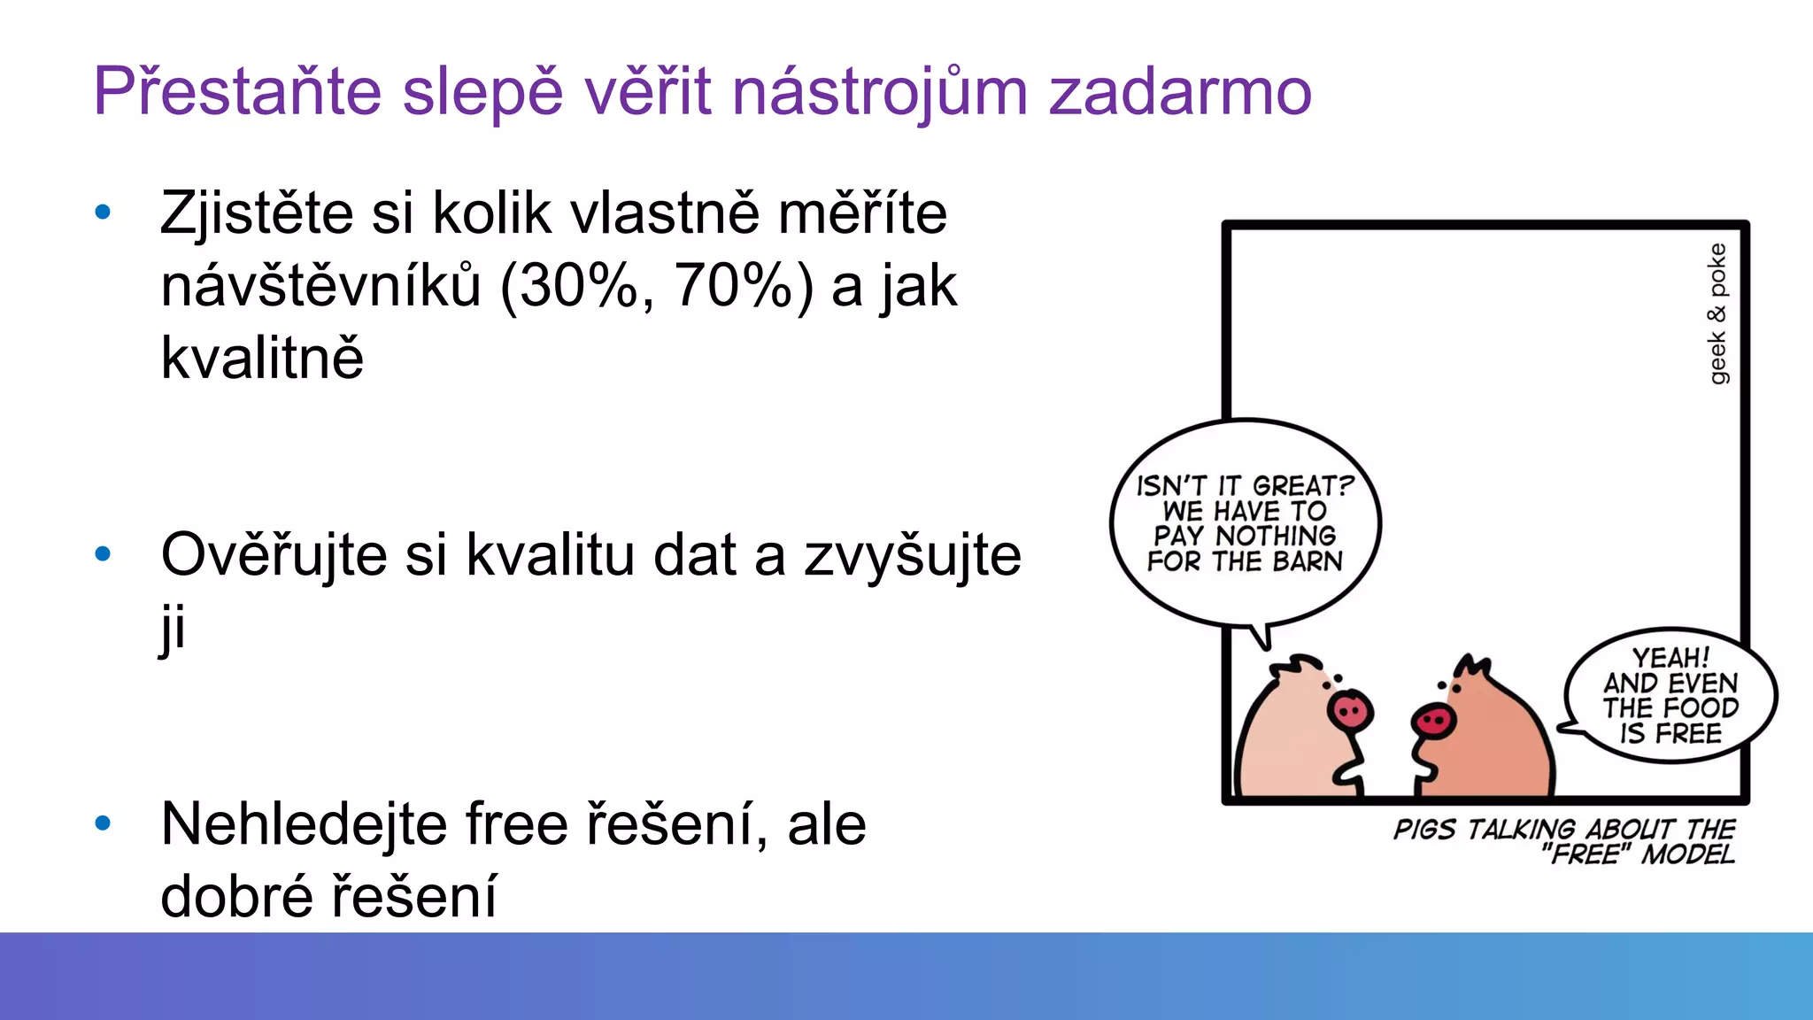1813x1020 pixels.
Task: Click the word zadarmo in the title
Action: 1179,92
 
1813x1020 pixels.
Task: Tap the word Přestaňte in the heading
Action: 237,92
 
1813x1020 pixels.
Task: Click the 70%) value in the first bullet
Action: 744,286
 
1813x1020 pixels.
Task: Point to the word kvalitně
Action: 262,359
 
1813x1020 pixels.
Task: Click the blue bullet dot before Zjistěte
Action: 103,212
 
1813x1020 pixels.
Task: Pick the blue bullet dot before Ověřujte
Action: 103,554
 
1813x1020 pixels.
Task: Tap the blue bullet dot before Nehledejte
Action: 103,823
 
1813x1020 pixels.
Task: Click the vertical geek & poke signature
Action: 1717,313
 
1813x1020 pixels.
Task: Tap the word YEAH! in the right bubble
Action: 1670,658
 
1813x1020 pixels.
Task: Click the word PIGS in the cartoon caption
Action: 1424,830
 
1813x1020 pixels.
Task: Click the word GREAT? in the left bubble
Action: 1302,486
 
